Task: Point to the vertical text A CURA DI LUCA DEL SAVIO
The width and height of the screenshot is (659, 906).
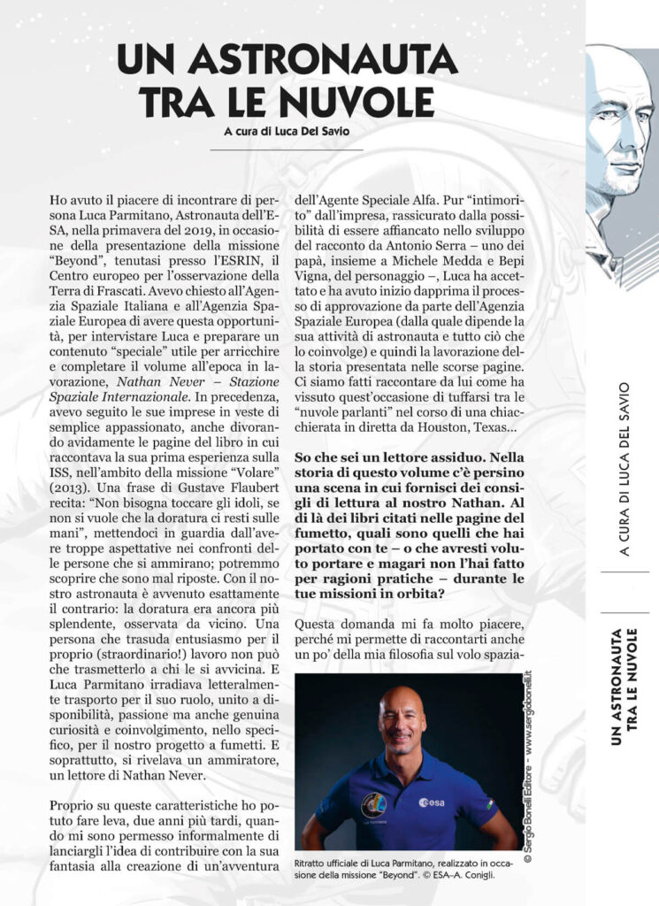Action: (625, 469)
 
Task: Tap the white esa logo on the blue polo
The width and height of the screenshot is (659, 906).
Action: (434, 802)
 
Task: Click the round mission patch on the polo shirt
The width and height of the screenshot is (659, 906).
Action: (374, 804)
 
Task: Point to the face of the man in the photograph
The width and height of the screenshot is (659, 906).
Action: (403, 720)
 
